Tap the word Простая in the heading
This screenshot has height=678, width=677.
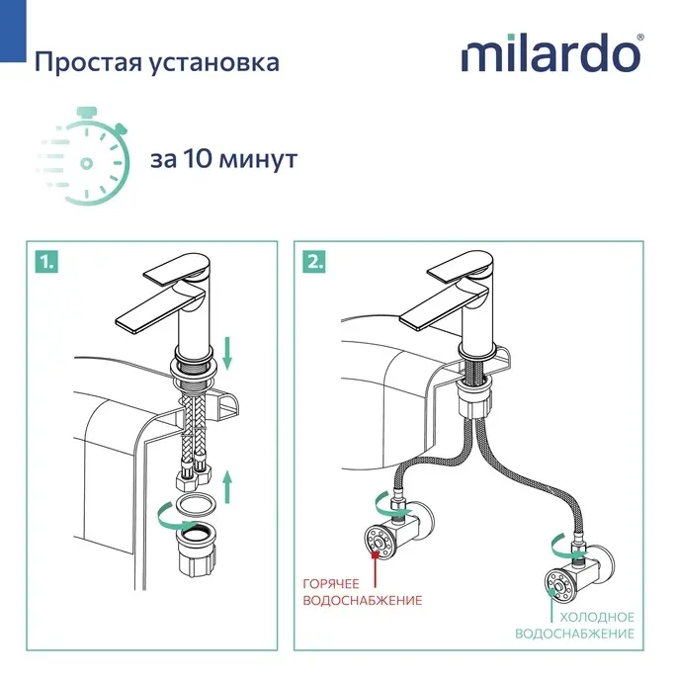(88, 62)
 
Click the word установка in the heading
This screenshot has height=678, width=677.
(214, 63)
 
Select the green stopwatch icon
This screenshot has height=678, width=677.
(84, 156)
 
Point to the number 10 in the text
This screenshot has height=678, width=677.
(198, 159)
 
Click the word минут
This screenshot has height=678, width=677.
(258, 160)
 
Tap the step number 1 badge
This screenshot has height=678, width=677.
(46, 262)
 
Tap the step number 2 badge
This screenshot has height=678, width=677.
(314, 262)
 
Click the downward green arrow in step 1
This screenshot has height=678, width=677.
(227, 354)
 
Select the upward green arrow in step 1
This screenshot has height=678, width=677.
(227, 487)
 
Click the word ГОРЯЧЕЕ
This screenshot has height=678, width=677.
(331, 584)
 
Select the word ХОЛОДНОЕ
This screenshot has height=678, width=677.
(597, 617)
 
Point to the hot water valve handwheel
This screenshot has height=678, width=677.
(379, 540)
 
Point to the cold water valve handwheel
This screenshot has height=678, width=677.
(559, 586)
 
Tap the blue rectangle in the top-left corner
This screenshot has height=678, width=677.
(13, 32)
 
